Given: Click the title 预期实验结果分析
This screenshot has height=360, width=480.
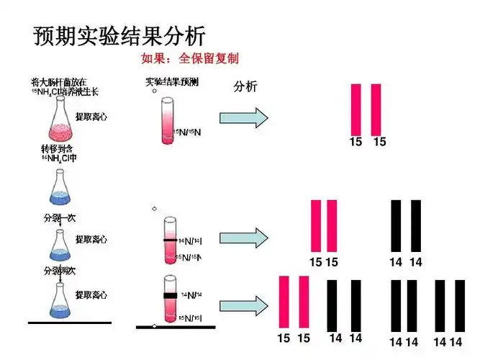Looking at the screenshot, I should pos(119,35).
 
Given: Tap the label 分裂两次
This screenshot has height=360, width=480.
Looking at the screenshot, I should pos(58,271).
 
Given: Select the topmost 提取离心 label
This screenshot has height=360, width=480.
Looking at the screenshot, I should pos(91,117).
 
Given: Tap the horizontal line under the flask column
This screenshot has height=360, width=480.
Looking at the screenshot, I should pos(69,323).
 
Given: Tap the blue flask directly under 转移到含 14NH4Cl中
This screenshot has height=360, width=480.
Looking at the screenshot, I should pos(60,185).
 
